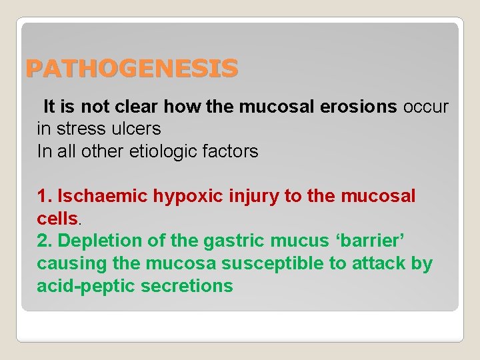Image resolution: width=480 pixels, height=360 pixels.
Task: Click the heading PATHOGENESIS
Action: click(131, 69)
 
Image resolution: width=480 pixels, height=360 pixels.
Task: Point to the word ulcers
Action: click(138, 129)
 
